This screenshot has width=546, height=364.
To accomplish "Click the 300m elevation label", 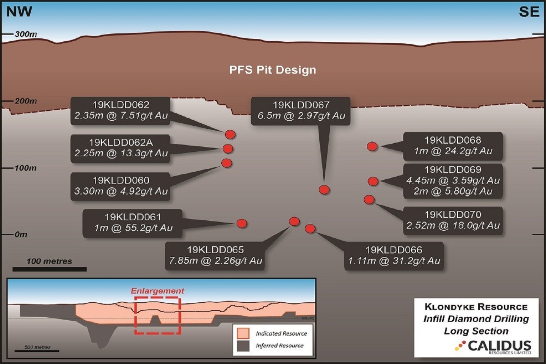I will pos(26,34).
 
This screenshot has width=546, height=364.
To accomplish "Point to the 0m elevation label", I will pos(21,234).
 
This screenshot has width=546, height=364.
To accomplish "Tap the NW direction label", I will pos(19,12).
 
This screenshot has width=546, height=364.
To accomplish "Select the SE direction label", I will pos(529,12).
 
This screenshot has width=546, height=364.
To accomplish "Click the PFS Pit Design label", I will pos(272,70).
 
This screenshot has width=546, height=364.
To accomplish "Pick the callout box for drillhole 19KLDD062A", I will pos(121,148).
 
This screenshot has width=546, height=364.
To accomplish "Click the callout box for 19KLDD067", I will pos(301,110).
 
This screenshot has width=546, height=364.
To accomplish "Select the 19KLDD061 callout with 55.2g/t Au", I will pos(133,223).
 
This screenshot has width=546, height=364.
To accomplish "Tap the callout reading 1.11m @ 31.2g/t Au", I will pos(394,256).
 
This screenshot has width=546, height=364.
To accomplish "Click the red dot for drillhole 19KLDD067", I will pos(324,190).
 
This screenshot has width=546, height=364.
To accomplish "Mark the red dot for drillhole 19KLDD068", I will pos(372,146).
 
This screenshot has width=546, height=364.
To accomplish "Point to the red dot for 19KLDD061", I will pos(242,223).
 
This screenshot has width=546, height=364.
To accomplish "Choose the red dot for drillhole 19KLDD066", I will pos(310,228).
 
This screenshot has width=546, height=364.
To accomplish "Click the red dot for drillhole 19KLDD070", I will pos(369,199).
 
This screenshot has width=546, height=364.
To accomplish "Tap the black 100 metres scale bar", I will pos(49,269).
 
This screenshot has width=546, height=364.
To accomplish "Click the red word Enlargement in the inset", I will pos(157,291).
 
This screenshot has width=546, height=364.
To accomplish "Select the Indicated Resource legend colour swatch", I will pos(243,333).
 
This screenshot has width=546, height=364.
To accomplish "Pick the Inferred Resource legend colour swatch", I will pos(243,345).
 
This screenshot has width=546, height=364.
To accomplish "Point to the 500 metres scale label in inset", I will pos(37,347).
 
